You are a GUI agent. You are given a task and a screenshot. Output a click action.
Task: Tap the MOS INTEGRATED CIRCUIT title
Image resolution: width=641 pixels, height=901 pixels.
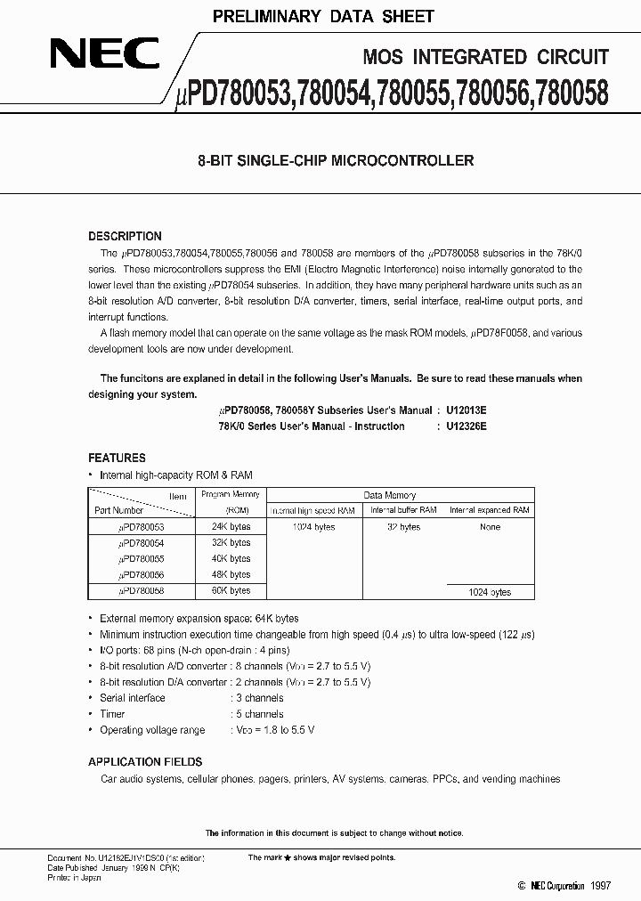coord(486,57)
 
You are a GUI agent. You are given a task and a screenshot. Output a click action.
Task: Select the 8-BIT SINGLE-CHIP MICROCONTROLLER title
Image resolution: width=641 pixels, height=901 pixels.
coord(335,161)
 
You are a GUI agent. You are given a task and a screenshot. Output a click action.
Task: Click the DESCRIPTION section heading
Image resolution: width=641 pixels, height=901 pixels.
coord(125,236)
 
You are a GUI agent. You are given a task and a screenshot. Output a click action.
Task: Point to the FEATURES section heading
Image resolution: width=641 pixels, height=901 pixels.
coord(117,458)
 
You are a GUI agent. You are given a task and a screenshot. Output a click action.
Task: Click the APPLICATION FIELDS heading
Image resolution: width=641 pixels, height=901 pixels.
coord(145,762)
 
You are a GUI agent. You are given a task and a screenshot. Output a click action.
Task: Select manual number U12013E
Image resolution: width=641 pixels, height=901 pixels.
coord(461,410)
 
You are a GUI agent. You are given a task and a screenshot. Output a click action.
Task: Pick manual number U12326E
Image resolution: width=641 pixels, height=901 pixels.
coord(461,426)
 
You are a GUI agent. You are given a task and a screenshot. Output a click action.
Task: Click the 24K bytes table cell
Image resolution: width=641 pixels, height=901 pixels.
coord(231,526)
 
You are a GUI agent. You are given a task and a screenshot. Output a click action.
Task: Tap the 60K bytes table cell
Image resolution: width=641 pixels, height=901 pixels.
coord(231,590)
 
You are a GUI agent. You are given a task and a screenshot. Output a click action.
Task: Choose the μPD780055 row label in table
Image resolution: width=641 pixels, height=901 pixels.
coord(142,558)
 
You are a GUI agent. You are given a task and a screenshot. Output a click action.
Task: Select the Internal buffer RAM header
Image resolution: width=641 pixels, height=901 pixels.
coord(403,510)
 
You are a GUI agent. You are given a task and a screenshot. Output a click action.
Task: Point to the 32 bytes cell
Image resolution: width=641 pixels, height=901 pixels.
coord(403,526)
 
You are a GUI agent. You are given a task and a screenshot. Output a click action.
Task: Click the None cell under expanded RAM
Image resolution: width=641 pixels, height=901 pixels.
coord(490,526)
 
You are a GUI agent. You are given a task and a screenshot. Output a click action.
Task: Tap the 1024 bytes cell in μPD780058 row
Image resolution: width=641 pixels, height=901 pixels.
coord(490,592)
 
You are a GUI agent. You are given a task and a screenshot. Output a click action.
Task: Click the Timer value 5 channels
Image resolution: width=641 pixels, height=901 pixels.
coord(258,714)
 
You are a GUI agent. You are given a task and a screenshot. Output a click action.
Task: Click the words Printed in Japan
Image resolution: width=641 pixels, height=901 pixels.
coord(74,877)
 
